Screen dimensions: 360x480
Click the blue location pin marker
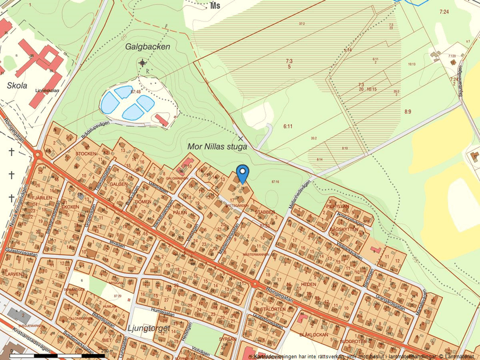pyautogui.click(x=243, y=173)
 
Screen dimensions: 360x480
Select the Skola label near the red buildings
pyautogui.click(x=17, y=85)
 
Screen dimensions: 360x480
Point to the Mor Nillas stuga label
pyautogui.click(x=217, y=147)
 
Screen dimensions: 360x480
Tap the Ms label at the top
pyautogui.click(x=216, y=6)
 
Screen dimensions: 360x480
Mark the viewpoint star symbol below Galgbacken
pyautogui.click(x=143, y=63)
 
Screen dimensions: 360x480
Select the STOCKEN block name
pyautogui.click(x=86, y=154)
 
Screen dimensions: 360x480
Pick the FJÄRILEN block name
pyautogui.click(x=42, y=197)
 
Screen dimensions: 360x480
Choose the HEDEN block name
pyautogui.click(x=308, y=284)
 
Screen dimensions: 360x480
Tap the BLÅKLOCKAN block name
pyautogui.click(x=314, y=336)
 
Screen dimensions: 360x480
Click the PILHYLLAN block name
pyautogui.click(x=337, y=206)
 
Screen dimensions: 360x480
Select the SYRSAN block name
pyautogui.click(x=227, y=338)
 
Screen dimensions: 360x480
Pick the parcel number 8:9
pyautogui.click(x=407, y=111)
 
